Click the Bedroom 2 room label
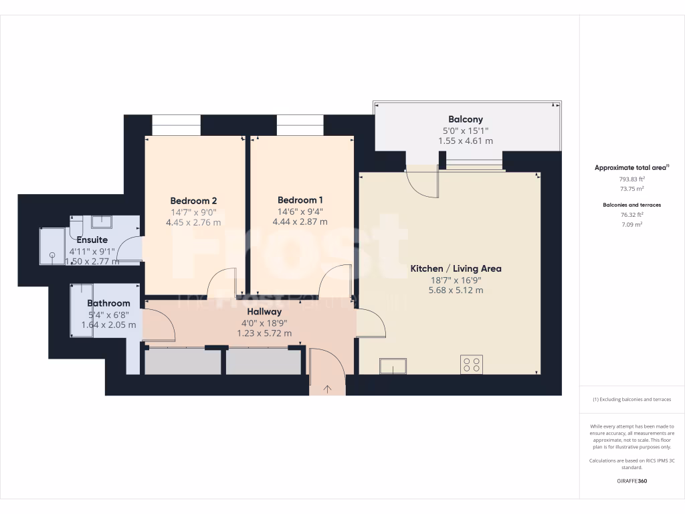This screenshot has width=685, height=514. (193, 200)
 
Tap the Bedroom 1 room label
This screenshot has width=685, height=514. (300, 199)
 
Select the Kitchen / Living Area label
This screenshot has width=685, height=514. (456, 268)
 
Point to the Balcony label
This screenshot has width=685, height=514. (466, 119)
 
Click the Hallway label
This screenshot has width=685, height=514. (264, 311)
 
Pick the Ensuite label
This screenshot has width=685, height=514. (92, 240)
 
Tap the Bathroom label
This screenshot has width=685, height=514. (108, 303)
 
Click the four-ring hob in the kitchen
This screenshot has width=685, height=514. (472, 365)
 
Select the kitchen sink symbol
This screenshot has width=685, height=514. (393, 366)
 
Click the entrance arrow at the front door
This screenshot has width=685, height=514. (328, 388)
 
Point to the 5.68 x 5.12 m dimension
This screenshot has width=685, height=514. (456, 290)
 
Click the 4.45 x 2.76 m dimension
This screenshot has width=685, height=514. (193, 222)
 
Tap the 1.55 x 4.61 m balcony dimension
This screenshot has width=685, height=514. (466, 141)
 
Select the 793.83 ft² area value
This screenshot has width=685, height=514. (631, 179)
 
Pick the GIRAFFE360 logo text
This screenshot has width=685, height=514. (631, 481)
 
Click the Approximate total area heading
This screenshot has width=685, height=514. (631, 167)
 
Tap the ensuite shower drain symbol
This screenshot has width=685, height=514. (51, 254)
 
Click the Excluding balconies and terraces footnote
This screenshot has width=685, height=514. (631, 400)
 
